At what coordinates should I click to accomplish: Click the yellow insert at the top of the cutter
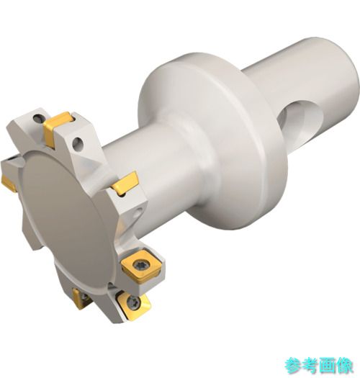(57, 128)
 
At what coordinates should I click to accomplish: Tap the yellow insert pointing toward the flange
(125, 184)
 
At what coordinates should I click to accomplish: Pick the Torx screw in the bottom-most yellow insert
(133, 301)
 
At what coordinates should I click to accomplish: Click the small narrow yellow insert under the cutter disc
(79, 299)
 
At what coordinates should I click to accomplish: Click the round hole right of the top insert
(78, 144)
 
